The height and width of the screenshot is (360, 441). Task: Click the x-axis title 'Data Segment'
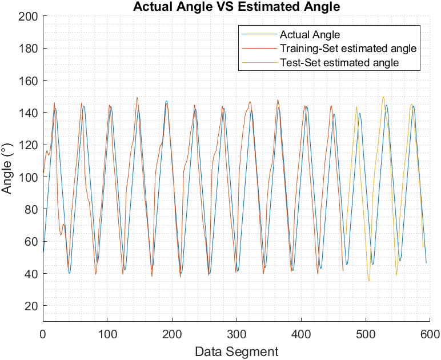coord(236,351)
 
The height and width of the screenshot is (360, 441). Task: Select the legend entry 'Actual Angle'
coord(310,35)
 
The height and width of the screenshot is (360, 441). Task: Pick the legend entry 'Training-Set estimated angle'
coord(348,49)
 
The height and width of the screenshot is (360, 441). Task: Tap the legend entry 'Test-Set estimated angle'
coord(339,62)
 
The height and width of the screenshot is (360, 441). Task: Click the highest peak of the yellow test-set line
coord(383,97)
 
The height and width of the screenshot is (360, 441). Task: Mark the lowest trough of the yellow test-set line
coord(369,281)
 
